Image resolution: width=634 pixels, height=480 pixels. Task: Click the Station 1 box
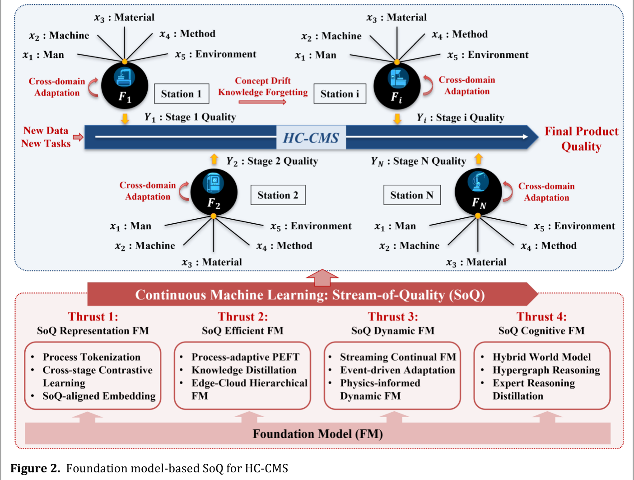[182, 94]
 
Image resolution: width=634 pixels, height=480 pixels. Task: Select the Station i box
[340, 94]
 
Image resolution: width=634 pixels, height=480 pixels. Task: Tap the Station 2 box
[278, 195]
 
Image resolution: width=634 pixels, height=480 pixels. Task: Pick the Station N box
[412, 195]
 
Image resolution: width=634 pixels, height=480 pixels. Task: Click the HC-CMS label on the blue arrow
[311, 137]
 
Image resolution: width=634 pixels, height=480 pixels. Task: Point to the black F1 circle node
[125, 85]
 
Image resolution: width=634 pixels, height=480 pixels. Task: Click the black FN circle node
[478, 192]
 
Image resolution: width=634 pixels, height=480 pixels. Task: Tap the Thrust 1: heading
[93, 317]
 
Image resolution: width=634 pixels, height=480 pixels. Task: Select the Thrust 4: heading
[541, 317]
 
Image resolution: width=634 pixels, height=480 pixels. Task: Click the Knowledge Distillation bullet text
[244, 370]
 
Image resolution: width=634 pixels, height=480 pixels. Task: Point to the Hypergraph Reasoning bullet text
[546, 370]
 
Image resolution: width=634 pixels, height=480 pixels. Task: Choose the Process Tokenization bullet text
[92, 357]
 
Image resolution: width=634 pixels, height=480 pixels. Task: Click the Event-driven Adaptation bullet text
[397, 370]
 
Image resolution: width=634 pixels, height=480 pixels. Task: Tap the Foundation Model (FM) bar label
[318, 434]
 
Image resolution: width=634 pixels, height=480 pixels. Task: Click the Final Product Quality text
[582, 139]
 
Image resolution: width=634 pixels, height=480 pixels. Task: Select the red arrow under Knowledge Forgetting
[262, 102]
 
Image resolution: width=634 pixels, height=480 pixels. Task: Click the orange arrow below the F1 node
[125, 118]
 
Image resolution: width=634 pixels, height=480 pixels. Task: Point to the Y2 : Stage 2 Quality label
[272, 161]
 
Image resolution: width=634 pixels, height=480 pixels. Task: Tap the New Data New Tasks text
[46, 137]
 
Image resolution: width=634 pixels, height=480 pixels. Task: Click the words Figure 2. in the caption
[35, 468]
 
